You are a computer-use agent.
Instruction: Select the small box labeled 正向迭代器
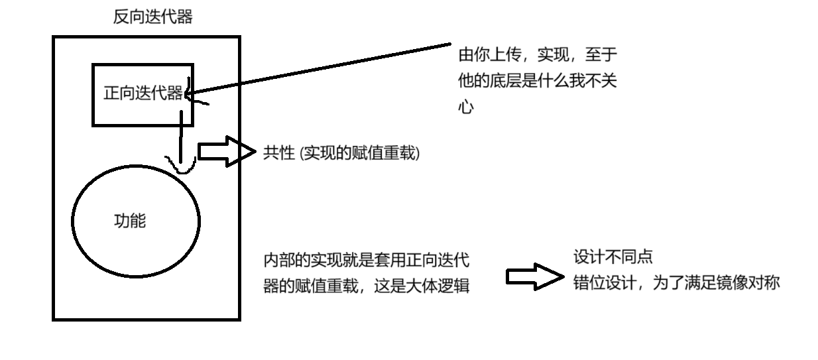click(143, 93)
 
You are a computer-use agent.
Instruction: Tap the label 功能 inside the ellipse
click(131, 221)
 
